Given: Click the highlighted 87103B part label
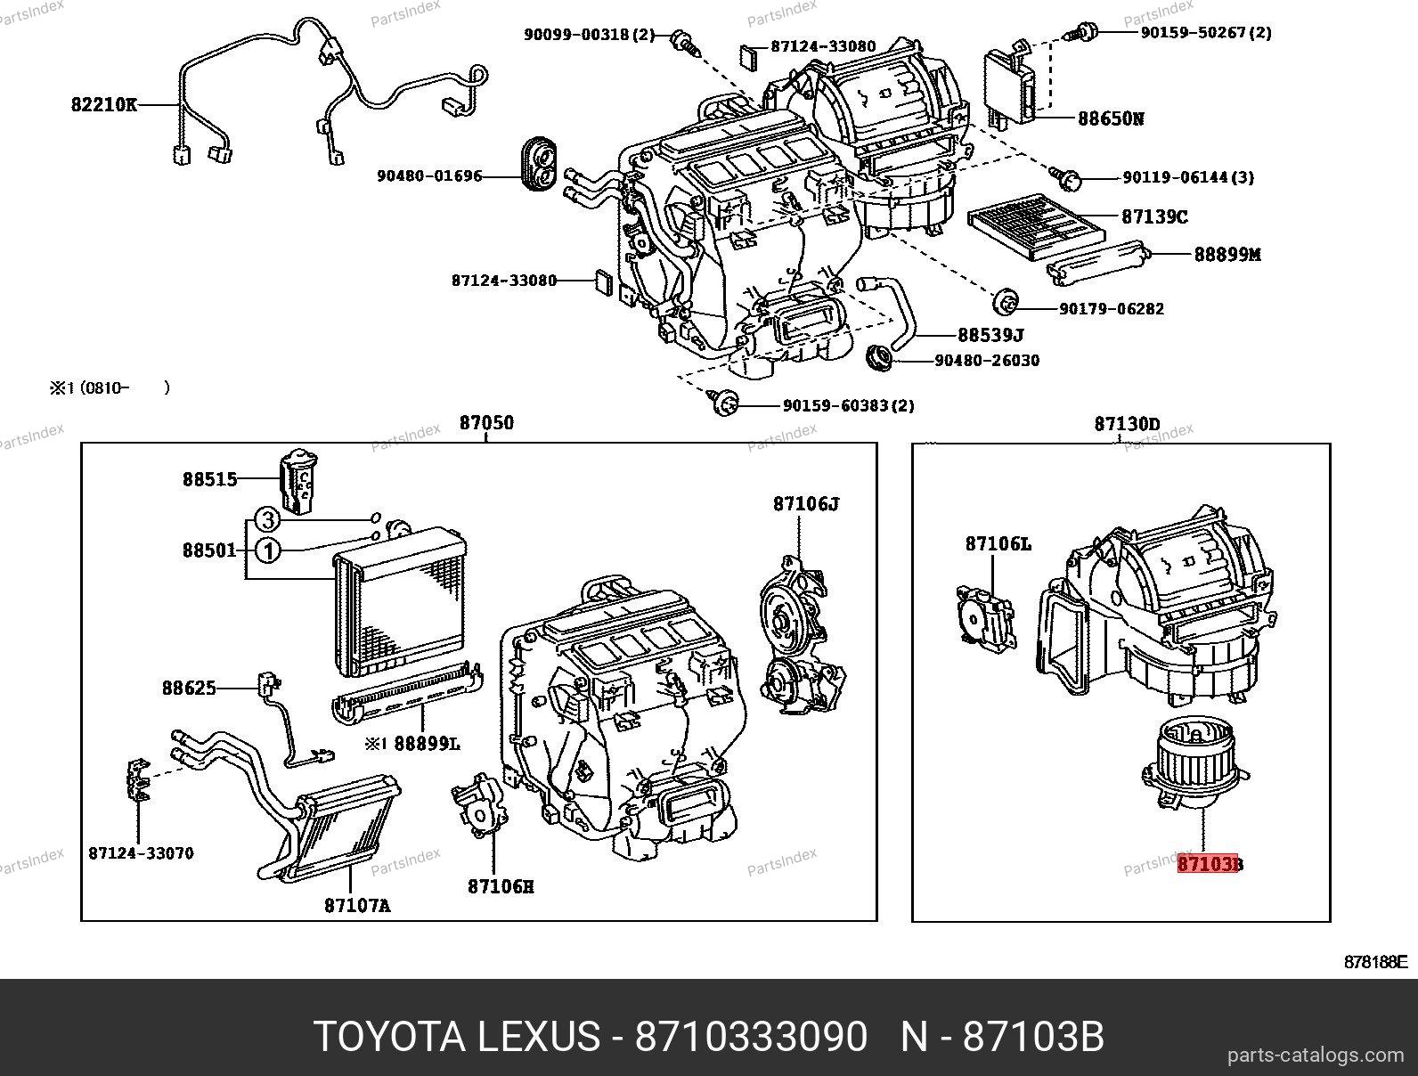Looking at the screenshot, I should [1210, 863].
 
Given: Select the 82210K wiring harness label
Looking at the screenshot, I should [104, 105].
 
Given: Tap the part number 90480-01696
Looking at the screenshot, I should [429, 176].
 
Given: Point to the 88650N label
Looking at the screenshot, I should [1111, 118].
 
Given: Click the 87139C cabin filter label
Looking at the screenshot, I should [1154, 216].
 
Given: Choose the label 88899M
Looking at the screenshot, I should [1227, 254].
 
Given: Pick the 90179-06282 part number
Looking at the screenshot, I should [1111, 309].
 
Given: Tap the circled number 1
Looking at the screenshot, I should [267, 551].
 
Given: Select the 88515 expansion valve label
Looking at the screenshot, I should [210, 479].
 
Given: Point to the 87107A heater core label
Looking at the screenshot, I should [357, 905].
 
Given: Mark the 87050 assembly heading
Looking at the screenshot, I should [486, 423].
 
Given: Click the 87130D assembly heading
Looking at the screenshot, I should [1127, 424].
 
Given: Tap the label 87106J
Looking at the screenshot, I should [805, 503].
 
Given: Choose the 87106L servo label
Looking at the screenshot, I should [998, 542].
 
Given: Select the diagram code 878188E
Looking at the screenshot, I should [1374, 962].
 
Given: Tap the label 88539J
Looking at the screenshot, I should [990, 335].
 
